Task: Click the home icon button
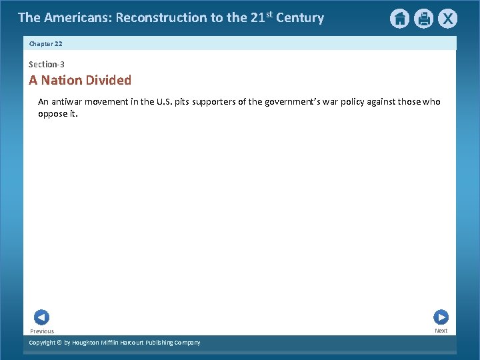399,19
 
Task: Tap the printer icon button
423,19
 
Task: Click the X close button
447,19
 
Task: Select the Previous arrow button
41,317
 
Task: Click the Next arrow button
441,317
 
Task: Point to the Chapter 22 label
45,43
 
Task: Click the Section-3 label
47,65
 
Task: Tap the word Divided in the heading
110,80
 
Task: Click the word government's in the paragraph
290,102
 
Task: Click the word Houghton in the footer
89,343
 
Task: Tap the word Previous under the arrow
42,331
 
